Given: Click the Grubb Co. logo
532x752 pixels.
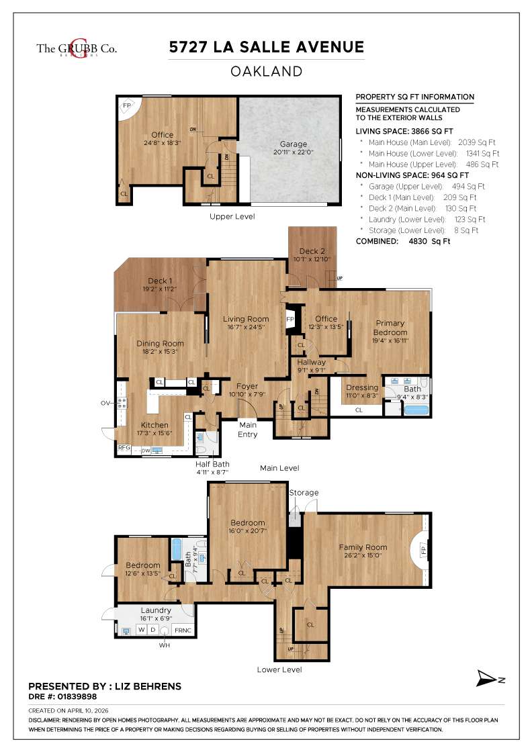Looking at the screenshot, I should pos(77,49).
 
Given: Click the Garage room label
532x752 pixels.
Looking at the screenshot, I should pos(293,144).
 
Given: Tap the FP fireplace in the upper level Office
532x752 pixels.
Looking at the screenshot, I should pos(126,105).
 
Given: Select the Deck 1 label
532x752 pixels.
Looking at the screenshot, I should pos(159,281).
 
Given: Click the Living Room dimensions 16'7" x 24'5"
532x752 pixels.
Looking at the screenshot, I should pos(245,328).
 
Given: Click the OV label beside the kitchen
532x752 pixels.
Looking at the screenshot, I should pos(105,403).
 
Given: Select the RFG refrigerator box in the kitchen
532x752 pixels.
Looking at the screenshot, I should pos(124,448).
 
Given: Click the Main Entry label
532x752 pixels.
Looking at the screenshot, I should pos(248,429).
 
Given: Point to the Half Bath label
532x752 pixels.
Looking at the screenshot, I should pos(212,464).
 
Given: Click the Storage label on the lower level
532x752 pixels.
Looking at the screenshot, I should pos(304,493).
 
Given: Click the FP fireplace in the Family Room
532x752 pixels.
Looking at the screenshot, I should pos(423,551).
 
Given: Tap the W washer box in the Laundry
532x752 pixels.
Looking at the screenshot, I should pos(141,630).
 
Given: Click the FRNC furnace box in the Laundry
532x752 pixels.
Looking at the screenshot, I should pos(183,630).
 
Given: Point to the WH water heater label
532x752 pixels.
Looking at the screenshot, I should pos(165,645).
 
